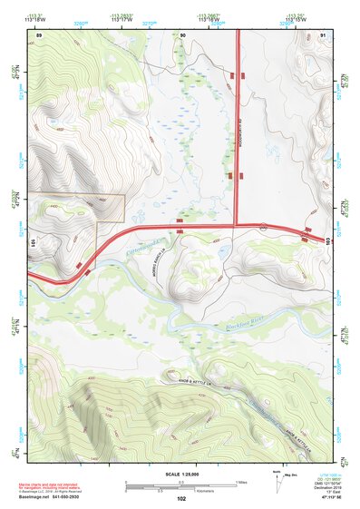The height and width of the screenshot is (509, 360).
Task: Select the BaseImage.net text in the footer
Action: coord(45,497)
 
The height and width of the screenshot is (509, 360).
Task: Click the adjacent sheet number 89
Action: coord(38,34)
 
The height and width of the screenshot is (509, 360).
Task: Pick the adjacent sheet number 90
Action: coord(183,34)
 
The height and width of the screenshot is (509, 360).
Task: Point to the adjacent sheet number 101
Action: coord(33,244)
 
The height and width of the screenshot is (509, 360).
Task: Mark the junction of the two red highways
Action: coord(236,224)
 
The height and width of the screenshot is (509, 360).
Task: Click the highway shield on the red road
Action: coord(262,224)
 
